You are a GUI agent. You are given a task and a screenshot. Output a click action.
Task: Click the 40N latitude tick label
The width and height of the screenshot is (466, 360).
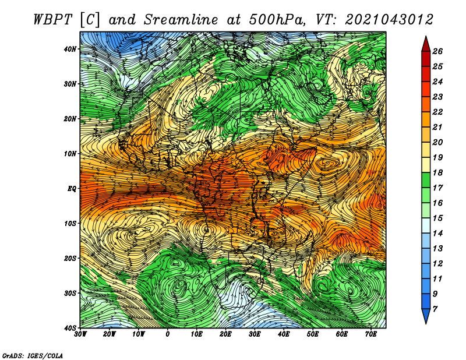click(70, 49)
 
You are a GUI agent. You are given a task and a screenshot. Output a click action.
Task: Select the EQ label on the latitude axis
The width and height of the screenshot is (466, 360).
click(72, 189)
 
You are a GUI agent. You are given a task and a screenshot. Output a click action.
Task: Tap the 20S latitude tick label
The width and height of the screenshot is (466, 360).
click(70, 258)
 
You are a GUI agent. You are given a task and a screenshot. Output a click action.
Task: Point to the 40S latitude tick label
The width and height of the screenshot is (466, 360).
click(70, 328)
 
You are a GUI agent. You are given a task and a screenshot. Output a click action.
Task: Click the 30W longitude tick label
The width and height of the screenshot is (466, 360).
click(80, 334)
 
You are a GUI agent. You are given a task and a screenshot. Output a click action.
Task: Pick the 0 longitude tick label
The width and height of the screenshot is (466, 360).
click(168, 334)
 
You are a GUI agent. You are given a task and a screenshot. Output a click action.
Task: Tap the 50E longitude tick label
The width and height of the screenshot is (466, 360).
click(313, 334)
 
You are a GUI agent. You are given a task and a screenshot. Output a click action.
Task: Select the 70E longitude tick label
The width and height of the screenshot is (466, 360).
click(371, 334)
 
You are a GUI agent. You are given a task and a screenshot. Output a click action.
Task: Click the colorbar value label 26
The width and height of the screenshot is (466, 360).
click(437, 51)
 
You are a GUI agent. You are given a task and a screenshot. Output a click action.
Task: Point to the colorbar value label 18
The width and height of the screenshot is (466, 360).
click(437, 172)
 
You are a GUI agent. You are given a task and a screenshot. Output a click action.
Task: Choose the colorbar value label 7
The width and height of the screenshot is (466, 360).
click(435, 309)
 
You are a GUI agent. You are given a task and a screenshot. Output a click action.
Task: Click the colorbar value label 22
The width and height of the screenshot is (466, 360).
click(437, 112)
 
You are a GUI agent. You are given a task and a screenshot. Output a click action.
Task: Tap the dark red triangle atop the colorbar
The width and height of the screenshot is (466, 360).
click(426, 45)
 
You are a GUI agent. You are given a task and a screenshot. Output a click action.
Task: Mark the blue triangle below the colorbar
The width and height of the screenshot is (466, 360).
click(426, 315)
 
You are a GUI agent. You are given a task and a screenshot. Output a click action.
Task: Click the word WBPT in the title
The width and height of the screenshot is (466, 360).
click(53, 20)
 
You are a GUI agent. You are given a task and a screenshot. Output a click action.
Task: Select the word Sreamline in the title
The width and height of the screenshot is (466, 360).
click(181, 20)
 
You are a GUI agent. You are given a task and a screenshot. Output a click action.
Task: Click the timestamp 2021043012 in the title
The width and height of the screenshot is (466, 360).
click(389, 20)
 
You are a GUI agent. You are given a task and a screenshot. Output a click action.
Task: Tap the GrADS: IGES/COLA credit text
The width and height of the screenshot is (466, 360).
click(33, 356)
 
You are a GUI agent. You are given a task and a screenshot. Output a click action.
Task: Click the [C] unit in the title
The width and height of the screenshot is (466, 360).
click(90, 20)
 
